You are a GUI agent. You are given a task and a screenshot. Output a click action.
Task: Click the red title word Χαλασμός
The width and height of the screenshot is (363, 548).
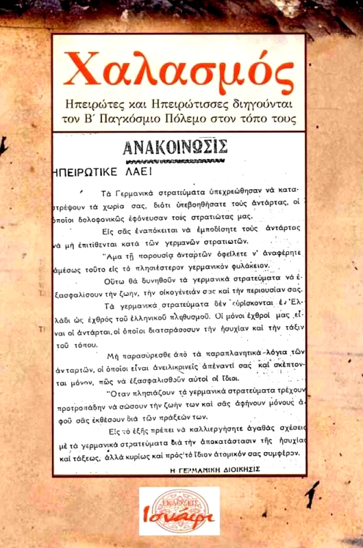coord(181,69)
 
